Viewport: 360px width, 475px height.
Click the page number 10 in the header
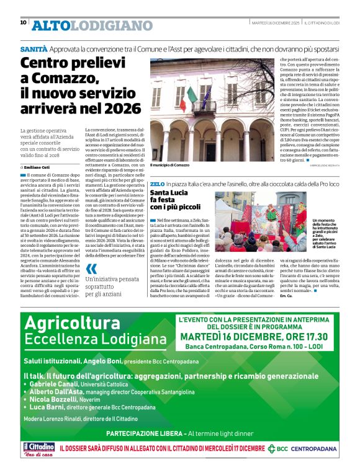[23, 22]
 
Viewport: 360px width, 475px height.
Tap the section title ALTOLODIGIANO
[92, 25]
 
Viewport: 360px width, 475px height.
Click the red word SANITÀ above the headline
[33, 48]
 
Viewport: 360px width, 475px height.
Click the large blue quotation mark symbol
[91, 269]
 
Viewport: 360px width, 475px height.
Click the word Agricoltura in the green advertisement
[72, 323]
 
